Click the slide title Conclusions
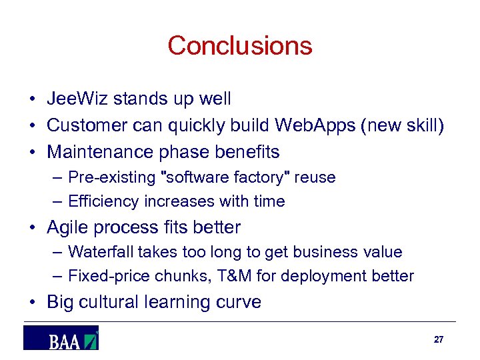click(x=239, y=45)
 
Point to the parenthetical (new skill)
click(x=402, y=126)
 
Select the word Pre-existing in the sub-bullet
click(x=110, y=178)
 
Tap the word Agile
click(x=68, y=227)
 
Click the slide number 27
click(x=438, y=339)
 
